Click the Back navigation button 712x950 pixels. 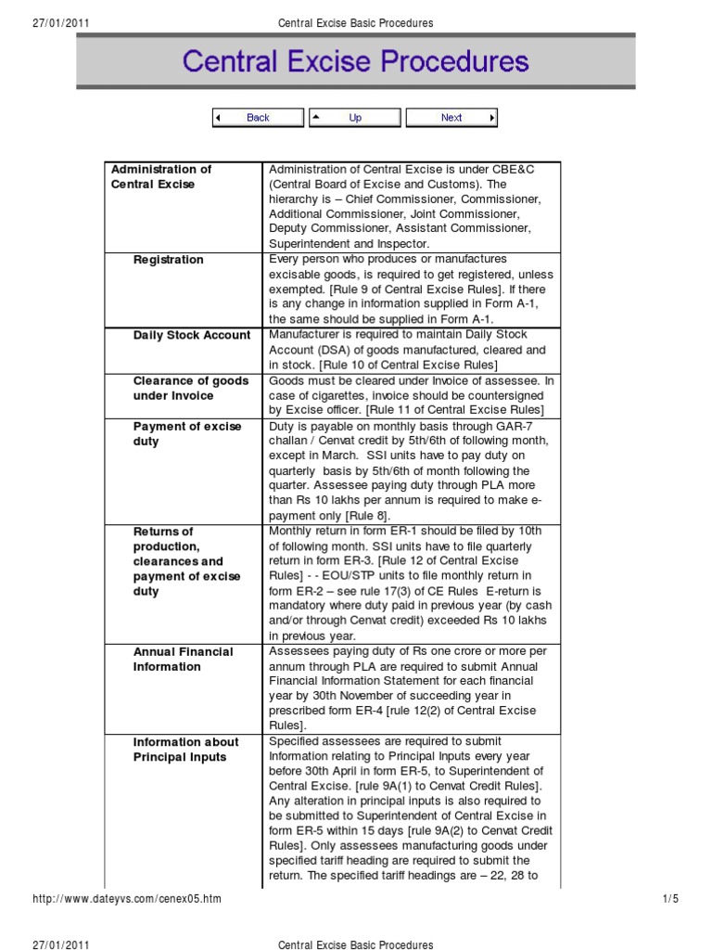(x=258, y=118)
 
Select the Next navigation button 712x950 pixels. (x=451, y=118)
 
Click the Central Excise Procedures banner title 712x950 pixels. (x=356, y=62)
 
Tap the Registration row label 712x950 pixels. (x=168, y=260)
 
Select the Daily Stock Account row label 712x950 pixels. (x=192, y=335)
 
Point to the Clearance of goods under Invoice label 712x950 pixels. (x=191, y=389)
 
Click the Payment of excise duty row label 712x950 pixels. (x=187, y=434)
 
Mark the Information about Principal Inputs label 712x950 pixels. (x=185, y=750)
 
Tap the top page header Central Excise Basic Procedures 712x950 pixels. (x=356, y=22)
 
